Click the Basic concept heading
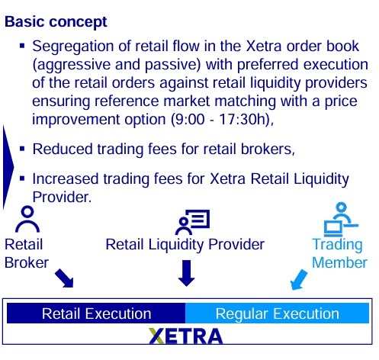[56, 22]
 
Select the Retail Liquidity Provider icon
[192, 222]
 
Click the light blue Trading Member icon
[341, 219]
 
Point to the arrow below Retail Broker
[64, 278]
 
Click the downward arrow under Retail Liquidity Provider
[187, 273]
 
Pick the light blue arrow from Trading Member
[299, 280]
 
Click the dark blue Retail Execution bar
[96, 313]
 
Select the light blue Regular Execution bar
[278, 313]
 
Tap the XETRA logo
[186, 336]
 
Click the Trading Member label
[339, 253]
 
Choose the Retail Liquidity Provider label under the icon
[185, 245]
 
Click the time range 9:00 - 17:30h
[220, 119]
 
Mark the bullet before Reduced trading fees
[22, 149]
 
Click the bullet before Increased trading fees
[22, 178]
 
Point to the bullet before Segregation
[22, 46]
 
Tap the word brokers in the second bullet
[268, 149]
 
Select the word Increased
[66, 178]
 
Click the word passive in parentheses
[173, 65]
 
